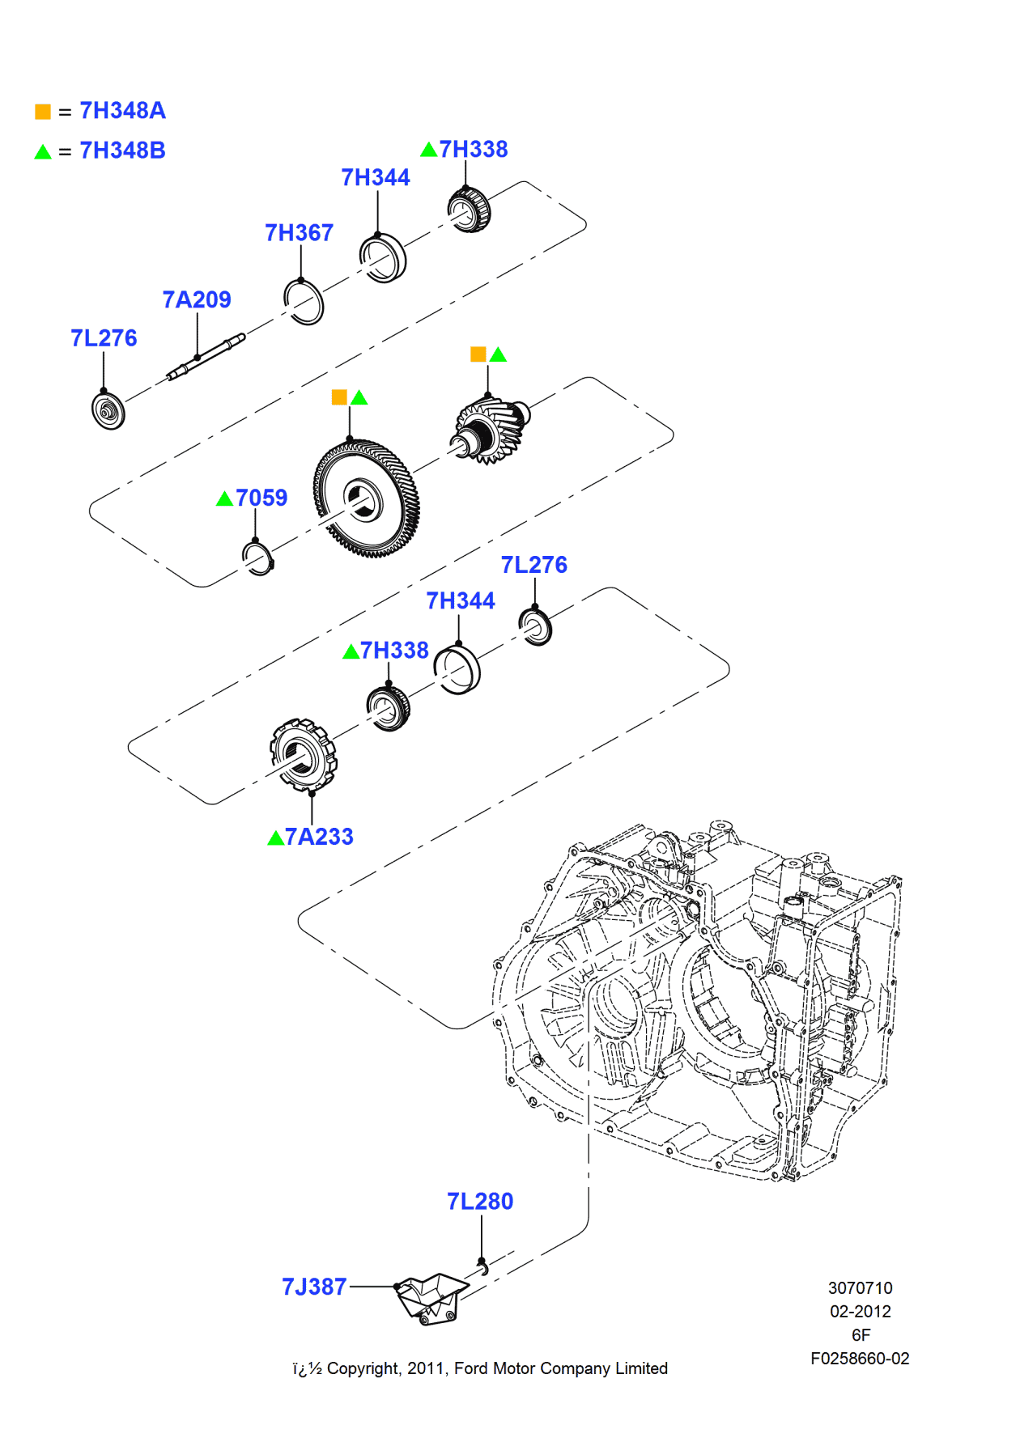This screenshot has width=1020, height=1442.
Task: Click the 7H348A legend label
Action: (x=122, y=111)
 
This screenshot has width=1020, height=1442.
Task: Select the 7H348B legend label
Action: (x=122, y=151)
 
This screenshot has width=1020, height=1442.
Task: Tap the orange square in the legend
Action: (x=43, y=112)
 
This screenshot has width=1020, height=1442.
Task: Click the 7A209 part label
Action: (x=197, y=300)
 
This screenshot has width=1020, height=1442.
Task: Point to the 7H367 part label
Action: (x=299, y=233)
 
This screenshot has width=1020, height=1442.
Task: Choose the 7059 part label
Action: (x=261, y=498)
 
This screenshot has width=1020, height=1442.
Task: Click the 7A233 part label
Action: (x=319, y=837)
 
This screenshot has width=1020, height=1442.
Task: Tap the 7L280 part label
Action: (x=480, y=1202)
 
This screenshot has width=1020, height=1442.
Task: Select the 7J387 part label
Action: (x=314, y=1287)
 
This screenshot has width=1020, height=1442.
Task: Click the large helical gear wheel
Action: (x=367, y=499)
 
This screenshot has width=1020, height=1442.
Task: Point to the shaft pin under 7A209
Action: (x=206, y=357)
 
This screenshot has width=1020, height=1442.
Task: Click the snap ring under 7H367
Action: (x=304, y=302)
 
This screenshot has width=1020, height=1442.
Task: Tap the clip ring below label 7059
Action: (x=258, y=558)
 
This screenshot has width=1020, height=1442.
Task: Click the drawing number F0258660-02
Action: (x=860, y=1359)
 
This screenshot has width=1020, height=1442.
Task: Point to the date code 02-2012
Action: (x=860, y=1312)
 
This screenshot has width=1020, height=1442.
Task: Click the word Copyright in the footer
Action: (x=363, y=1368)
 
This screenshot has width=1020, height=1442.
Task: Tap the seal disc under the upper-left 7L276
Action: (x=108, y=411)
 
